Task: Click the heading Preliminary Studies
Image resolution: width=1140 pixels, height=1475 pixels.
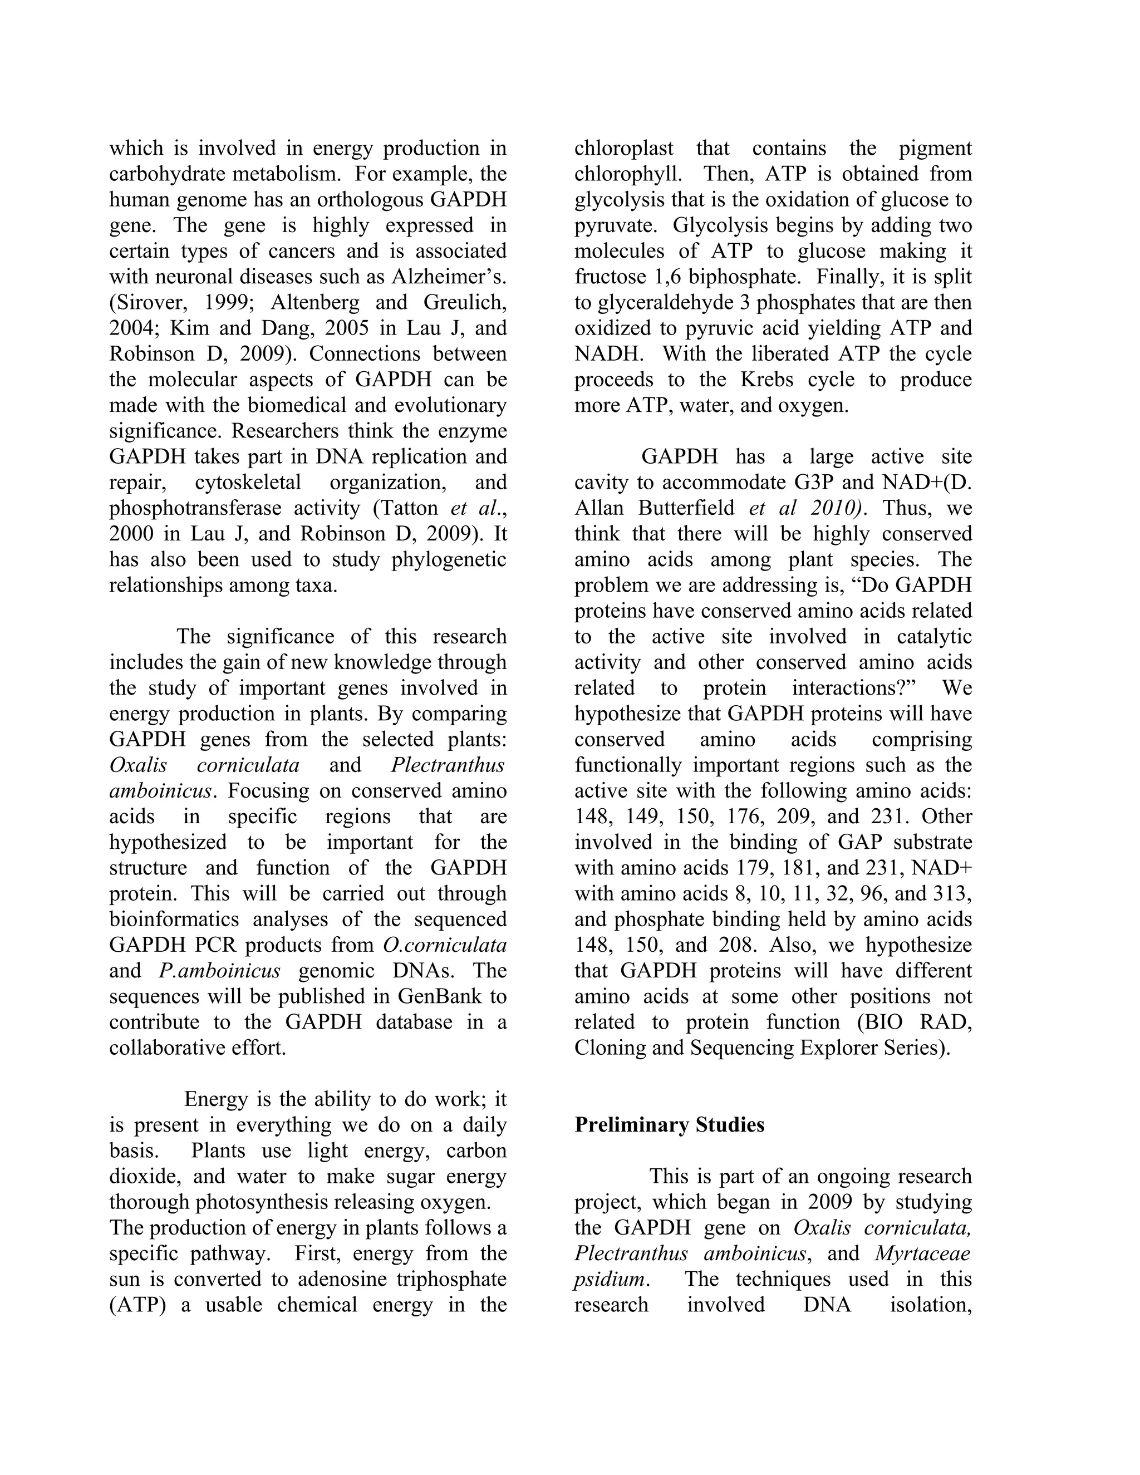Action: point(669,1125)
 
